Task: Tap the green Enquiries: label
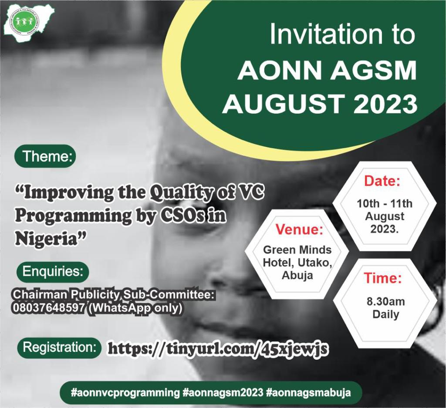(x=52, y=272)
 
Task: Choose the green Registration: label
(x=59, y=348)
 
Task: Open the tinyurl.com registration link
(x=217, y=349)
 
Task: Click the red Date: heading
(x=382, y=181)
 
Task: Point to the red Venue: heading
(x=298, y=230)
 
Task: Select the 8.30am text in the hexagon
(x=385, y=302)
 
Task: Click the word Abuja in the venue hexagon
(x=297, y=275)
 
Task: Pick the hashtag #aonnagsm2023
(x=223, y=392)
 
